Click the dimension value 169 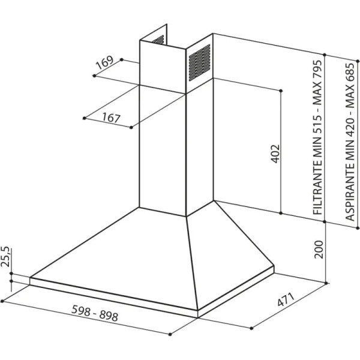(x=104, y=62)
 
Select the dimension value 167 (x=112, y=118)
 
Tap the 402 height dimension (x=275, y=154)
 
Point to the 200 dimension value (x=319, y=250)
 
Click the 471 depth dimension (x=286, y=299)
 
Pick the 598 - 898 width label (x=95, y=313)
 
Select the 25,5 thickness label (x=5, y=257)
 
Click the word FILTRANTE (x=319, y=186)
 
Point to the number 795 (x=319, y=70)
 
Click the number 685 (x=350, y=73)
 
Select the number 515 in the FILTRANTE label (x=319, y=124)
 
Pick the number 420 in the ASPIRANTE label (x=350, y=128)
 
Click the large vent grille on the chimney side (x=200, y=62)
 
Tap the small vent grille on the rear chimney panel (x=158, y=40)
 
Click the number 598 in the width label (x=80, y=310)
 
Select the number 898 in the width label (x=109, y=316)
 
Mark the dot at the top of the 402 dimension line (x=281, y=91)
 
